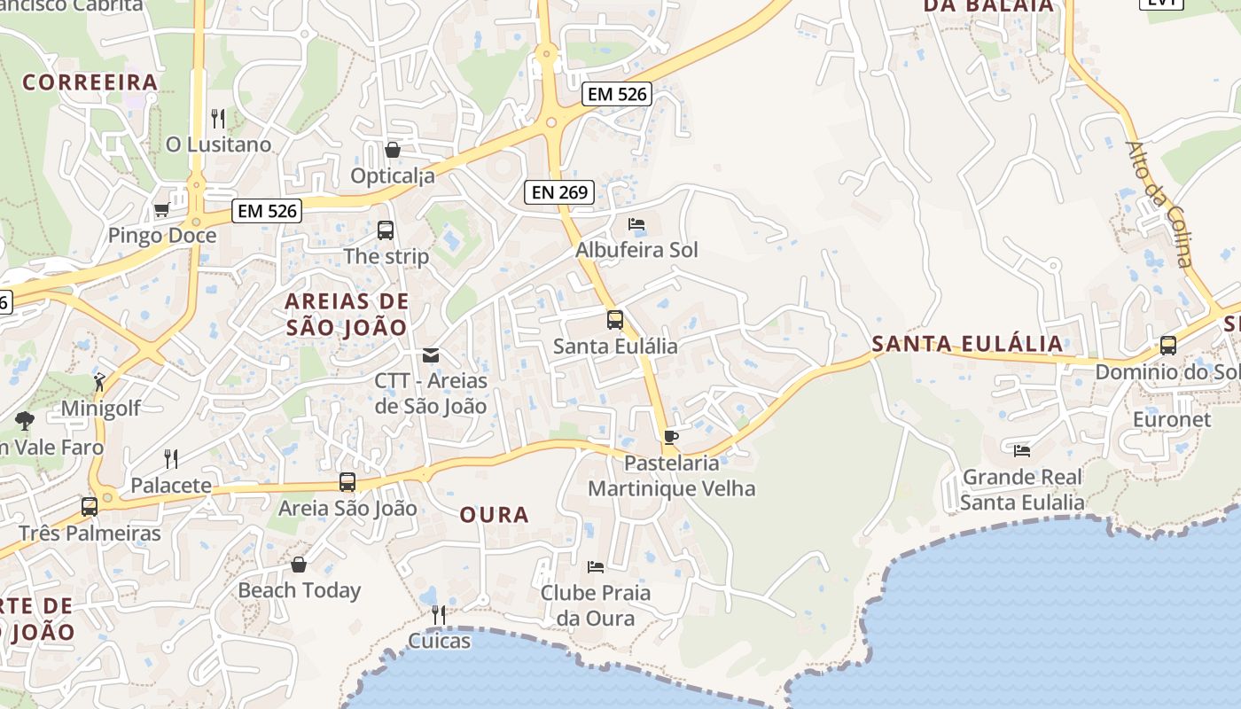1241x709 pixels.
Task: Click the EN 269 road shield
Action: [558, 191]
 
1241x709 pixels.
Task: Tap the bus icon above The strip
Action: [386, 230]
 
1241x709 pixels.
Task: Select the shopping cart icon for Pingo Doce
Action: [161, 210]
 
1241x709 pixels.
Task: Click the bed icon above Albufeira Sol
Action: [636, 224]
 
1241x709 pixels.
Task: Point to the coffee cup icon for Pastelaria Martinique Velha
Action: [671, 437]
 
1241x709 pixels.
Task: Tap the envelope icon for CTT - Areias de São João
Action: [431, 355]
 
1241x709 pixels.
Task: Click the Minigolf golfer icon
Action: [99, 383]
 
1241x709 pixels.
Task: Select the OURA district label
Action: [494, 515]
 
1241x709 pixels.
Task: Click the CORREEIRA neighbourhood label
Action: [90, 82]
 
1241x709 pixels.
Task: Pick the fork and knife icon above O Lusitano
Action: [218, 118]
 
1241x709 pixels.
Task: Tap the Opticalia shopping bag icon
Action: [393, 150]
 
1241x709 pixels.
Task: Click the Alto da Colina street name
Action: [1159, 203]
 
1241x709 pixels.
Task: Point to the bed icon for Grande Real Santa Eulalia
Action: [1022, 450]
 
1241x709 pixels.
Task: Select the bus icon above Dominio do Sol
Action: [1168, 346]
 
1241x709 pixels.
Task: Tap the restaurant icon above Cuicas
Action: [438, 614]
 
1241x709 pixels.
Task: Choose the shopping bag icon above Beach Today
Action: [299, 565]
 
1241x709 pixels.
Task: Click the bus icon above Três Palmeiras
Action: [90, 507]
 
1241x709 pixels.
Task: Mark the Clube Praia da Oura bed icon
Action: [596, 566]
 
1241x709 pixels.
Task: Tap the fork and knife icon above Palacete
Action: [171, 459]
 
